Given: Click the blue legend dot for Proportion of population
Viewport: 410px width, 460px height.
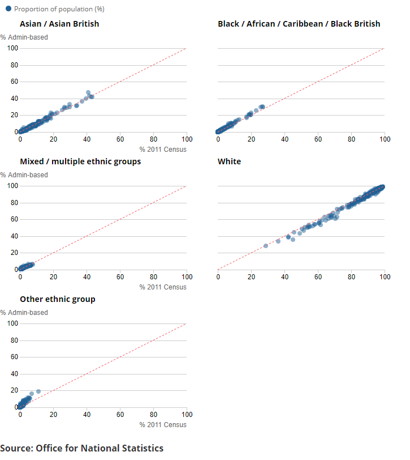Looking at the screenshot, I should [8, 9].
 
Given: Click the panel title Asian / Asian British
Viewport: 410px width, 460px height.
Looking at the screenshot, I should [59, 24].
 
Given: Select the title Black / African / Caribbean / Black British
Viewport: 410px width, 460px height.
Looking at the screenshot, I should [299, 24].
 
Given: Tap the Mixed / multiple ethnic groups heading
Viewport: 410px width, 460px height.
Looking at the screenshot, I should [80, 161].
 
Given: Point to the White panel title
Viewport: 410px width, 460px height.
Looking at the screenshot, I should [229, 161].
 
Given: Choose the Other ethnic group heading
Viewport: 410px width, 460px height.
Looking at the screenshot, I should [57, 299].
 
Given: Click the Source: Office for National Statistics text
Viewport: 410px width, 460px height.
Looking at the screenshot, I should [82, 448].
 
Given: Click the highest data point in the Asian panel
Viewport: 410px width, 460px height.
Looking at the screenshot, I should [88, 92].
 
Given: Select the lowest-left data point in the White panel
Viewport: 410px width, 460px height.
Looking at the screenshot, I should [266, 246].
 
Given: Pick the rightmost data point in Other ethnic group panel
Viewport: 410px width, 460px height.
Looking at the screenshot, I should [38, 391].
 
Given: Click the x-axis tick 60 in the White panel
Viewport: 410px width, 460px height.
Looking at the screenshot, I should [318, 276].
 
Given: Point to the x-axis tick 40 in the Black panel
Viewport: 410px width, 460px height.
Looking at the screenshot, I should [285, 139].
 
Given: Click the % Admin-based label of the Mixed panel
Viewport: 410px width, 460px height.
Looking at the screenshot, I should [24, 175].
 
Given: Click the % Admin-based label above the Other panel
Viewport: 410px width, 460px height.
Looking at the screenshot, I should [24, 313].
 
